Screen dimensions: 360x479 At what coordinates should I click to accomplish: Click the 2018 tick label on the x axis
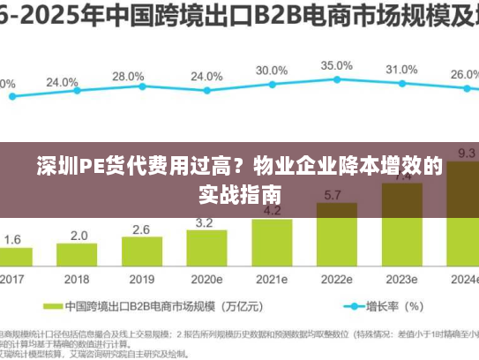[x=78, y=279]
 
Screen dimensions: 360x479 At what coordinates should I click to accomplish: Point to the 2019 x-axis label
[x=141, y=279]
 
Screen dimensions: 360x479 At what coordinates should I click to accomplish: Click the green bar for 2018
[x=78, y=257]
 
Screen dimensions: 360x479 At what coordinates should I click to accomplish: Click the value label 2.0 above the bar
[x=79, y=236]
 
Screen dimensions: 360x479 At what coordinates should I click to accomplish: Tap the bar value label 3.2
[x=205, y=222]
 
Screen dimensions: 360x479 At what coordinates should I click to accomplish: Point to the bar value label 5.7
[x=334, y=195]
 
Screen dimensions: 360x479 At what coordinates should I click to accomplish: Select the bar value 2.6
[x=141, y=229]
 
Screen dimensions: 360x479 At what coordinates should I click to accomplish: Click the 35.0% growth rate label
[x=336, y=65]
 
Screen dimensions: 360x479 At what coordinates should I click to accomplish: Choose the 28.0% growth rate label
[x=129, y=77]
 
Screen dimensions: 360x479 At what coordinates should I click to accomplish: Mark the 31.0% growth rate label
[x=401, y=70]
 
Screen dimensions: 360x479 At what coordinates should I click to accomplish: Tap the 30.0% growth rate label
[x=272, y=70]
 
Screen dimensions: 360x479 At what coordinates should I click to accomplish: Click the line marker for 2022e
[x=336, y=79]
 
